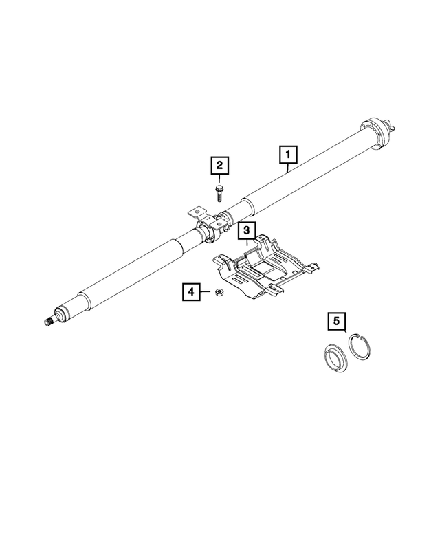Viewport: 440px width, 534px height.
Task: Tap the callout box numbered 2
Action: (x=219, y=166)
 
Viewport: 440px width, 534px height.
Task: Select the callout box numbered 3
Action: (x=247, y=233)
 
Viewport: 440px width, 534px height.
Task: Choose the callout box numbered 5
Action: (x=336, y=321)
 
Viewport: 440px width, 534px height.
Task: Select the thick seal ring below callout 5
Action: (x=335, y=357)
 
